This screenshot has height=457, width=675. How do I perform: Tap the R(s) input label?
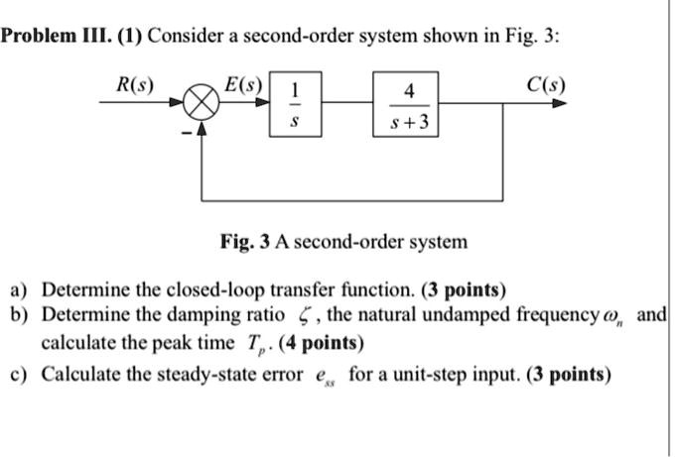click(131, 83)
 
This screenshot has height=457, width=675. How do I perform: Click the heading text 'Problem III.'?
click(45, 37)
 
